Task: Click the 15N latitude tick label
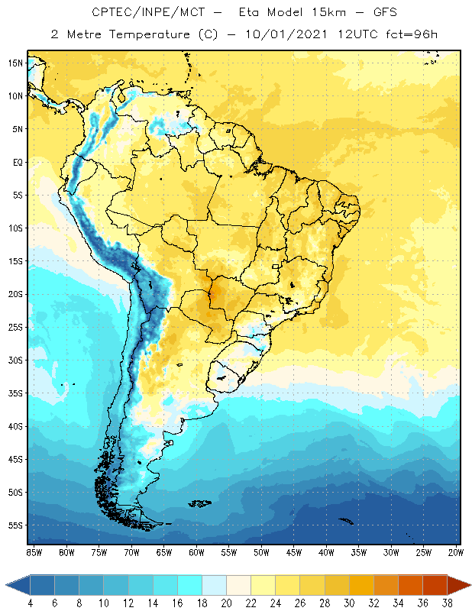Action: coord(15,63)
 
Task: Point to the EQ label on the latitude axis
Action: coord(17,162)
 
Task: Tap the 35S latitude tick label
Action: coord(15,393)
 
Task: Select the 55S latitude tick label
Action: coord(15,525)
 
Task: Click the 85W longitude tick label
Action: coord(34,552)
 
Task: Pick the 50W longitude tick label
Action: coord(261,552)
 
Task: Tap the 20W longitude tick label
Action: coord(456,552)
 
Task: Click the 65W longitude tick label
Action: coord(163,552)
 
